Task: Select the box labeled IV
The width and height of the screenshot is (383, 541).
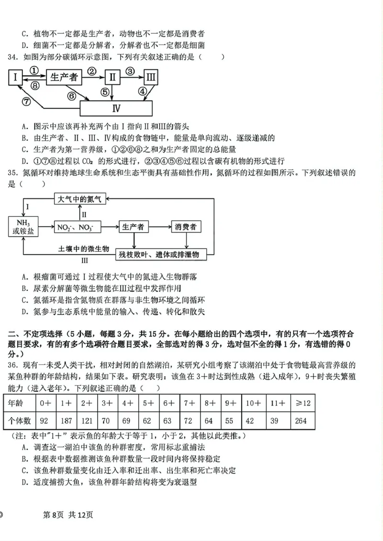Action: click(116, 108)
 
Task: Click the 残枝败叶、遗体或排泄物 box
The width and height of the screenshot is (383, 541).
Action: click(163, 254)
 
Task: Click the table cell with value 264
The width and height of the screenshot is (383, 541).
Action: click(301, 421)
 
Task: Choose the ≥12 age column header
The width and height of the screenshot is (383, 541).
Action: click(301, 403)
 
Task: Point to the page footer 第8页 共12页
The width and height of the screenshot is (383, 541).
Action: click(68, 515)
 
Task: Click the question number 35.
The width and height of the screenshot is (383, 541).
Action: click(13, 173)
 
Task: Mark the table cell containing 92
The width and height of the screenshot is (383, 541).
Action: click(45, 421)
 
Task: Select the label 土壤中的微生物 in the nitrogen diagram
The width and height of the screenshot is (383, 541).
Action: click(84, 249)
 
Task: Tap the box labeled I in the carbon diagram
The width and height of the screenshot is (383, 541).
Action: click(16, 77)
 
